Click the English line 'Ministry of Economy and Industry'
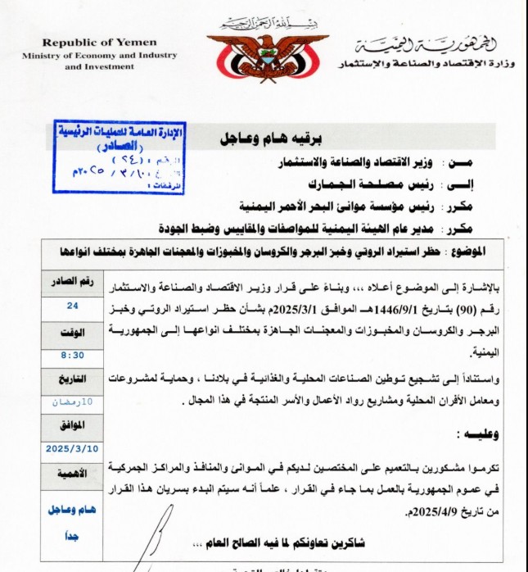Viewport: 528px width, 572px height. [100, 55]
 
